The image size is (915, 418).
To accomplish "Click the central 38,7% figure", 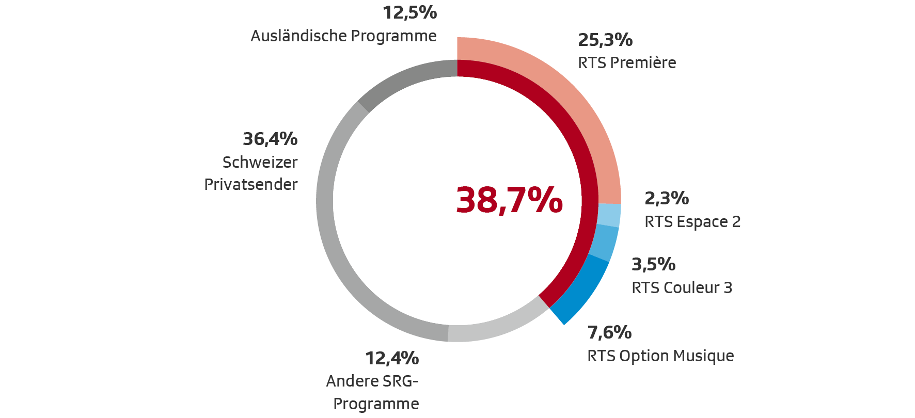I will (x=509, y=200).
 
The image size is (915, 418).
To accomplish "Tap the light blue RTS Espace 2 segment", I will (x=609, y=215).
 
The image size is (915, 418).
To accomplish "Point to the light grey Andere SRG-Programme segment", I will (x=496, y=325).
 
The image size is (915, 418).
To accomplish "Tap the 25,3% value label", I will (x=605, y=40).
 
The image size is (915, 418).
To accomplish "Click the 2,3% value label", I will (x=667, y=198).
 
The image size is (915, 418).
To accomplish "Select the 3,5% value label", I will (x=654, y=264).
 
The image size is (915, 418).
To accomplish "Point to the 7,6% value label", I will (x=609, y=332).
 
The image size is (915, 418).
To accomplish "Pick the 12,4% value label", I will (x=392, y=358).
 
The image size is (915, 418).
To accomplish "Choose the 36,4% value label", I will (x=270, y=139).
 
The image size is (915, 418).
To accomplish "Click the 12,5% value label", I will (x=410, y=12).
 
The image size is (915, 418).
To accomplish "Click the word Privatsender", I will (x=251, y=184).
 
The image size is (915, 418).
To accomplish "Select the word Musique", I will (x=704, y=356).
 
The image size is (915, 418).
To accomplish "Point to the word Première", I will (x=643, y=63).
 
